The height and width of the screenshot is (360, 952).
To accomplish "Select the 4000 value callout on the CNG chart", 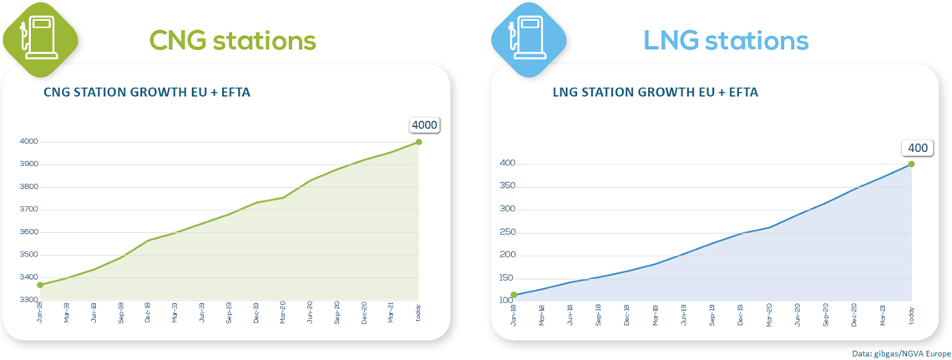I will [424, 125].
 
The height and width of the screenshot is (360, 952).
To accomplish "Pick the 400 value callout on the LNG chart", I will [918, 148].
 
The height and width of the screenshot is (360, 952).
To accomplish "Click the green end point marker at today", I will [418, 142].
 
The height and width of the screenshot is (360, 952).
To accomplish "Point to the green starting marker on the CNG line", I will [40, 285].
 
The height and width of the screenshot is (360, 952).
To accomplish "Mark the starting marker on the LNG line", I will [514, 295].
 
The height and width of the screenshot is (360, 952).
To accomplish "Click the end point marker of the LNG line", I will [911, 164].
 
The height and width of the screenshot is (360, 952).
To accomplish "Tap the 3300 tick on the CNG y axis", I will [28, 300].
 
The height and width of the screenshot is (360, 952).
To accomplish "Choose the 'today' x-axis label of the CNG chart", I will [418, 314].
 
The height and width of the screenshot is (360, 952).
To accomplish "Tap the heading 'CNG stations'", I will [232, 40].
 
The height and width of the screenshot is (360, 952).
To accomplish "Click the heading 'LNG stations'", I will [726, 40].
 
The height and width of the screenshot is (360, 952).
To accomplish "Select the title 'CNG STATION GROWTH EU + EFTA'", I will [146, 93].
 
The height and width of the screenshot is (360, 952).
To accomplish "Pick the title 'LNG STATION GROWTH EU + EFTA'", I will [656, 93].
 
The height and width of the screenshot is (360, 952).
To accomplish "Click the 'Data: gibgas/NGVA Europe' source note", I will [901, 353].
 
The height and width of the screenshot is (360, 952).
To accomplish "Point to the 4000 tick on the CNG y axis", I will [28, 142].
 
